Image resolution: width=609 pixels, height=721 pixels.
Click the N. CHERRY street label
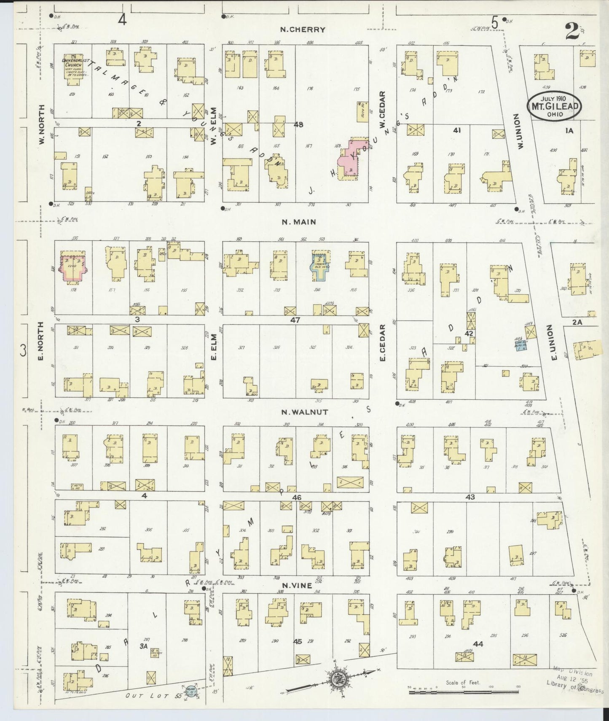[x=303, y=30]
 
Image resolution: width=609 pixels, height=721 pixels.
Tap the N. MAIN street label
[x=299, y=222]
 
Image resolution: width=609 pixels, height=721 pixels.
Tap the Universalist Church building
[x=75, y=67]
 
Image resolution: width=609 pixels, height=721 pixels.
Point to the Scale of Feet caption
[x=463, y=682]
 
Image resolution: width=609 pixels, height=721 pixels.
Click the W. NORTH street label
[x=42, y=131]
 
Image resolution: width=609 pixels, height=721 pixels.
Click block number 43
[x=470, y=497]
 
